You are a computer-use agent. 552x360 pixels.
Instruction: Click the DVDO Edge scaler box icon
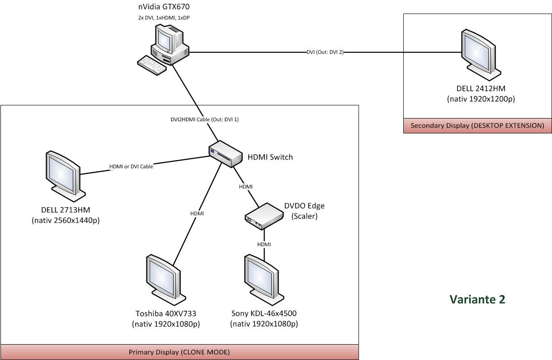tap(262, 215)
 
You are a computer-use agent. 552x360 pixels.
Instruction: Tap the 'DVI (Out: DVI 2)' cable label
tap(325, 52)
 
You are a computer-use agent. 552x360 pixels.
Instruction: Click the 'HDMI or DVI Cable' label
tap(131, 166)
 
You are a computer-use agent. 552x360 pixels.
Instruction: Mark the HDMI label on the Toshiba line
tap(197, 213)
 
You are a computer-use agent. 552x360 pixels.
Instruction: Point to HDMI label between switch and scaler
tap(245, 186)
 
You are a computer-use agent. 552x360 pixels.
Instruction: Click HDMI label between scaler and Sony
tap(264, 244)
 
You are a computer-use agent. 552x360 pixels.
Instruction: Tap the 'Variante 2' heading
tap(477, 299)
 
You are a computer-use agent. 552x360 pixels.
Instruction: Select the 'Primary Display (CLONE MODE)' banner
tap(179, 352)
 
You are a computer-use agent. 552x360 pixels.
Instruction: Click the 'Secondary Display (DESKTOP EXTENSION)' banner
tap(477, 126)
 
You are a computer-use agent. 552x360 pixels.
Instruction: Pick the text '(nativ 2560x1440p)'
tap(66, 221)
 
